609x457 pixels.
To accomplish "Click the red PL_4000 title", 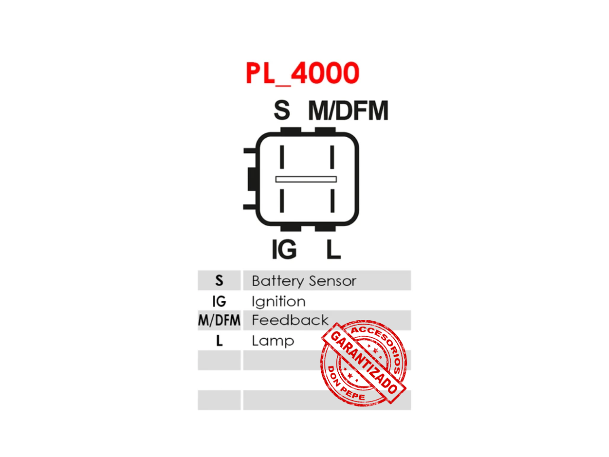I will pos(302,73).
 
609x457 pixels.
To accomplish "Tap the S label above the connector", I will pos(282,110).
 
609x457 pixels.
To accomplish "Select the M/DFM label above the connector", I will pos(348,110).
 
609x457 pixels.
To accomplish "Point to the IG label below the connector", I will pos(284,249).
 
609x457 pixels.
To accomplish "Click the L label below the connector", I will pos(334,249).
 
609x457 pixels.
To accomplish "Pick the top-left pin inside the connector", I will pos(282,157).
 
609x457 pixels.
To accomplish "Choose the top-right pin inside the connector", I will pos(332,157).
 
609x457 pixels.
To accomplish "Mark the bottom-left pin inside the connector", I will pos(282,200).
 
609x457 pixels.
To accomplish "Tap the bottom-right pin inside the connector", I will pos(332,200).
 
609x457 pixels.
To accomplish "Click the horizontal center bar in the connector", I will pos(306,179).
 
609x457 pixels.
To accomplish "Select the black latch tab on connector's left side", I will pos(253,179).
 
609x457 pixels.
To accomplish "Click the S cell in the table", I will pos(219,280).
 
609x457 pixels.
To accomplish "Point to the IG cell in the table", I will pos(219,301).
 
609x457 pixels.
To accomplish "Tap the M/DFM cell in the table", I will pos(219,320).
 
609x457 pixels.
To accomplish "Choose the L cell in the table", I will pos(219,341).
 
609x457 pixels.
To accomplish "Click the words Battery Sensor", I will pos(304,281).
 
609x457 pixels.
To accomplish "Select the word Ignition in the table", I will pos(278,301).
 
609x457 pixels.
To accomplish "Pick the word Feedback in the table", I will pos(290,320).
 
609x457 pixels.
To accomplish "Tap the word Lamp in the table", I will pos(273,341).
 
